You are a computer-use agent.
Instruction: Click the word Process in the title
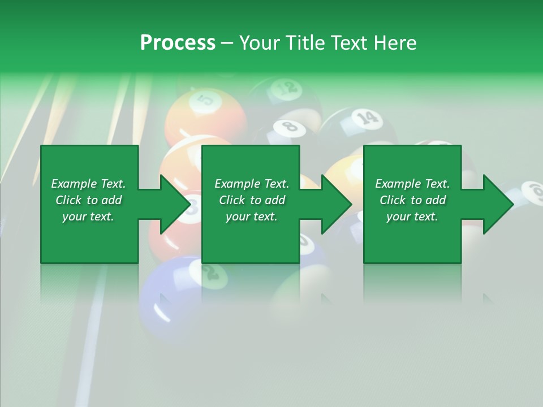178,43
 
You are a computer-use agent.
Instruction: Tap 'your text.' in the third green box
412,217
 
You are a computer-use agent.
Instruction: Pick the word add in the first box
112,200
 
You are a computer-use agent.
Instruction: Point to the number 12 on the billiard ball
286,88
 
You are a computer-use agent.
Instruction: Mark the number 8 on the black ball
290,125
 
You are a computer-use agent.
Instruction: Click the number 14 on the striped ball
367,118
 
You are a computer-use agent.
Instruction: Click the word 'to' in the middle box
256,200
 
